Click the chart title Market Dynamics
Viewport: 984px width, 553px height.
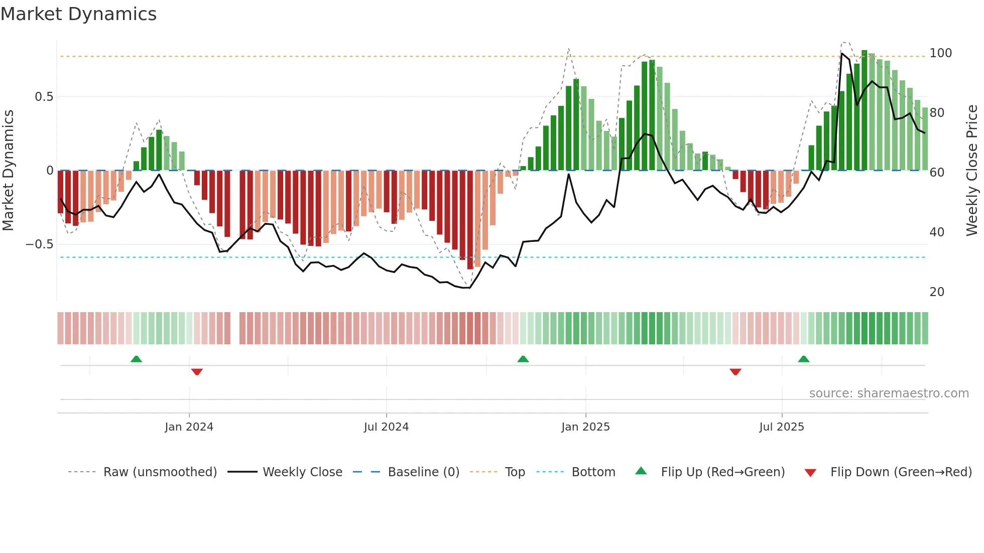tap(78, 14)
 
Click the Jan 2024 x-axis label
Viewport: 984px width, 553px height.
tap(189, 427)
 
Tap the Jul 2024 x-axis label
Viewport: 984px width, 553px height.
tap(386, 427)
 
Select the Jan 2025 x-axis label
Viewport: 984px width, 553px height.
tap(585, 427)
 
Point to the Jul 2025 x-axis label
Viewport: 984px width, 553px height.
tap(781, 427)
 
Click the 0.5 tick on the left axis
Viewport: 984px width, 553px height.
tap(44, 97)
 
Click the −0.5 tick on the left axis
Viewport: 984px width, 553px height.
tap(40, 244)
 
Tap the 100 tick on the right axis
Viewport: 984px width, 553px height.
tap(940, 53)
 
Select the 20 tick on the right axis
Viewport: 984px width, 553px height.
tap(937, 292)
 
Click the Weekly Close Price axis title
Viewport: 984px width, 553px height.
tap(972, 171)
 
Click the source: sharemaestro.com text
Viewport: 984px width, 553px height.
tap(889, 393)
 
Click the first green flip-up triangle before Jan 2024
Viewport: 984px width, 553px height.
tap(136, 359)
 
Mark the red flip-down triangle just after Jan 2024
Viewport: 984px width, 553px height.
tap(197, 372)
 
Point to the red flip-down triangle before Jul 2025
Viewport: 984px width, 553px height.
tap(735, 372)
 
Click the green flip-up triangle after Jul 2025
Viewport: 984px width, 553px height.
tap(803, 359)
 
